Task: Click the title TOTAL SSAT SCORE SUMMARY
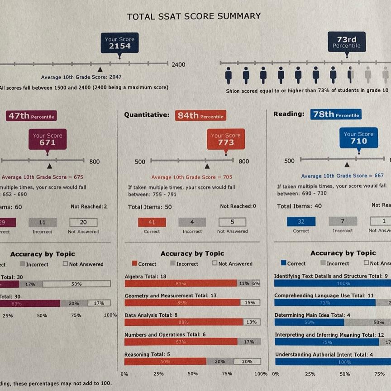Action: click(x=194, y=16)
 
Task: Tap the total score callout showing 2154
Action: click(x=119, y=43)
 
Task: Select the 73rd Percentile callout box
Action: click(x=346, y=42)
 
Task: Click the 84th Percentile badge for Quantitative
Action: click(x=200, y=116)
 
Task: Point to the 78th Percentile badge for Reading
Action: click(x=336, y=114)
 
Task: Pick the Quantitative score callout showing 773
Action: click(x=226, y=139)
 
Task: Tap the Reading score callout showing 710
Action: click(x=358, y=138)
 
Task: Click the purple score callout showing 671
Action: click(x=48, y=139)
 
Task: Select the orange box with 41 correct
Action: click(x=152, y=222)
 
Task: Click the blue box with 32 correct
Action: click(x=301, y=222)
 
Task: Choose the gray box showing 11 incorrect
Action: click(x=43, y=222)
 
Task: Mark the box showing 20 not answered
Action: click(x=83, y=222)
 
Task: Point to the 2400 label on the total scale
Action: click(x=178, y=64)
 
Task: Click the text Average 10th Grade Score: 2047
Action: click(x=81, y=77)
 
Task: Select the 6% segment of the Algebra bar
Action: click(x=256, y=283)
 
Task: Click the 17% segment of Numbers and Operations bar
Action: click(x=249, y=342)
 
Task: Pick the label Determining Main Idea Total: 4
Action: click(x=312, y=315)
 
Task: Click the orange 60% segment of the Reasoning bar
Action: click(x=165, y=362)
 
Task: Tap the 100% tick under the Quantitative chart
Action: click(x=261, y=374)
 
